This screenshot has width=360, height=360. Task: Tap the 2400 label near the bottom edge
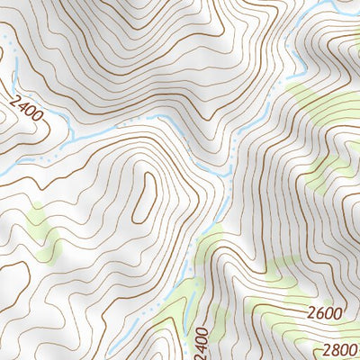[x=200, y=342]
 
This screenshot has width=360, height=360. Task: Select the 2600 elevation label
[x=324, y=313]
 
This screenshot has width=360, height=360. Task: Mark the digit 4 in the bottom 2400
[x=200, y=346]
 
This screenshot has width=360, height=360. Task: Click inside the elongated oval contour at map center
[x=144, y=196]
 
